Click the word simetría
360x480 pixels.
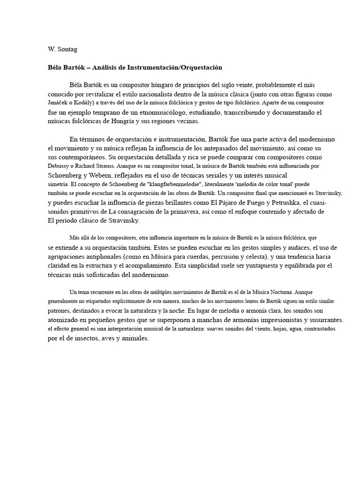pyautogui.click(x=59, y=184)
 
